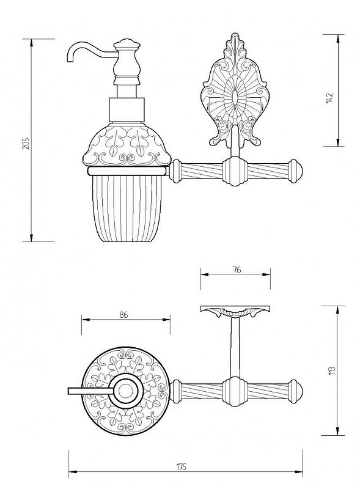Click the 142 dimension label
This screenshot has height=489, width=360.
329,98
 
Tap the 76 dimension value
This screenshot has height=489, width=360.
237,270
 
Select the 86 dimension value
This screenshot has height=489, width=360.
123,315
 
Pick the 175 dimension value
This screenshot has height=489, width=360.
181,467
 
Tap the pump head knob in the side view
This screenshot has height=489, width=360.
127,44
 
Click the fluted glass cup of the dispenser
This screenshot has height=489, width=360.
127,208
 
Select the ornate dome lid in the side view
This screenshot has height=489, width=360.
127,144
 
